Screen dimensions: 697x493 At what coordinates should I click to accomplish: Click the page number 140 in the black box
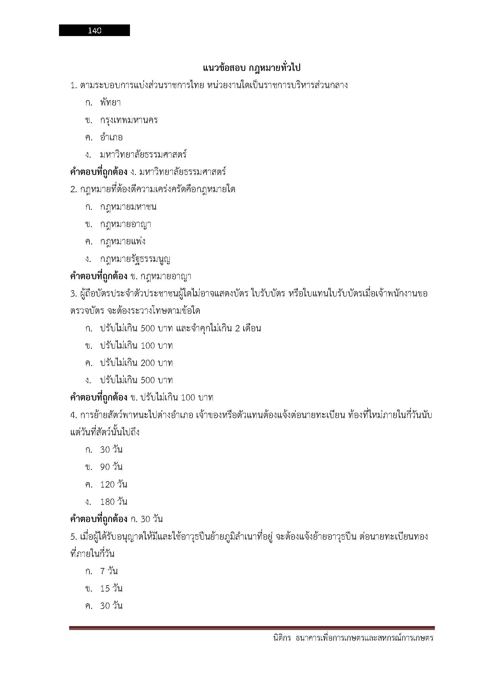[x=94, y=30]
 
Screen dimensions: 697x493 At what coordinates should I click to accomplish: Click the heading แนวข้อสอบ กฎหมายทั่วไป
[x=251, y=68]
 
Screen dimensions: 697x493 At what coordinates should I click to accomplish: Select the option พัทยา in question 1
[x=111, y=103]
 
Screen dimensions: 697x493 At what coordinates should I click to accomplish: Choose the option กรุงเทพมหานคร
[x=129, y=120]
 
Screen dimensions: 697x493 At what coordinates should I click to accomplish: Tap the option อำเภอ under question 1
[x=111, y=137]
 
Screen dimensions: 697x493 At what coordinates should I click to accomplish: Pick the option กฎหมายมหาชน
[x=128, y=207]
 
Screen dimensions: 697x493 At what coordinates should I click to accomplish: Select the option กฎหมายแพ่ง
[x=123, y=242]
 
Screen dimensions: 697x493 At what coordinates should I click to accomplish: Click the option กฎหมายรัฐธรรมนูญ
[x=135, y=259]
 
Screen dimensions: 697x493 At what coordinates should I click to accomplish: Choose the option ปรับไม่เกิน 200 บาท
[x=137, y=363]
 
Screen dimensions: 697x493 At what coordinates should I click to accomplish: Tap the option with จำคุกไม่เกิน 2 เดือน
[x=181, y=328]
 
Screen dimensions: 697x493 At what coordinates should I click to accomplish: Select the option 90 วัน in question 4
[x=111, y=467]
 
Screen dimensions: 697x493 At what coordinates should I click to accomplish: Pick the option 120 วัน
[x=114, y=484]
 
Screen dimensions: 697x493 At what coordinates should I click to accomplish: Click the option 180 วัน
[x=114, y=502]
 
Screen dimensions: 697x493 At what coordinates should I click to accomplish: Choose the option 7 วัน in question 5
[x=109, y=571]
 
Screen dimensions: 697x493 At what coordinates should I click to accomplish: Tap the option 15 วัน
[x=111, y=589]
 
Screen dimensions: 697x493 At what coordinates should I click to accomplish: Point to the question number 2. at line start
[x=74, y=190]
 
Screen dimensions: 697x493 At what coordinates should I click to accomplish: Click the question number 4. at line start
[x=74, y=415]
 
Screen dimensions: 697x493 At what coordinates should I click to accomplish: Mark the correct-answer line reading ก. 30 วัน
[x=116, y=519]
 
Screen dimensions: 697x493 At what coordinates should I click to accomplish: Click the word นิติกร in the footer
[x=282, y=638]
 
